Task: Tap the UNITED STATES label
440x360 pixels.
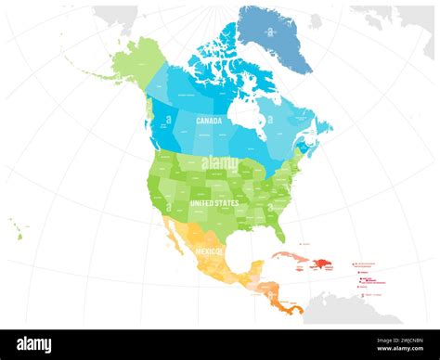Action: (214, 202)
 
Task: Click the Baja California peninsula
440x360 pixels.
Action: (169, 240)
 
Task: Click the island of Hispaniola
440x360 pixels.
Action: (326, 265)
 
